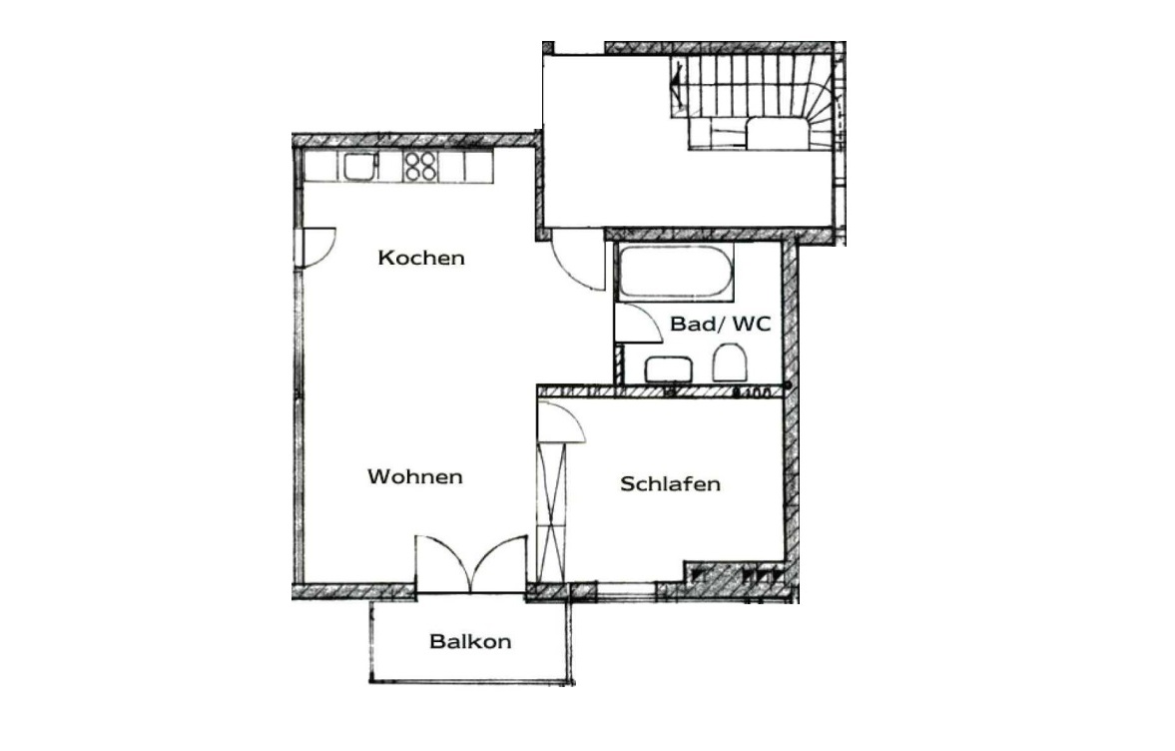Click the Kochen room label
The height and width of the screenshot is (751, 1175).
421,258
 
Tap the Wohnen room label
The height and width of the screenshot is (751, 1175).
415,476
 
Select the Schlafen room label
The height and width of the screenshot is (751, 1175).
671,484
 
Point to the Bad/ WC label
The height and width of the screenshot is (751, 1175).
720,324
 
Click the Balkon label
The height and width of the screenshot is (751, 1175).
470,641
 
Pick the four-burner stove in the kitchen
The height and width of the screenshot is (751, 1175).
420,167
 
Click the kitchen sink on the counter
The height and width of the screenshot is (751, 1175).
359,167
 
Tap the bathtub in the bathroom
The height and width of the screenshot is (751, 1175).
675,272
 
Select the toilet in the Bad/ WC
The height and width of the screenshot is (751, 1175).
730,363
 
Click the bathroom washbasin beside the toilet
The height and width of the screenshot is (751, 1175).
669,369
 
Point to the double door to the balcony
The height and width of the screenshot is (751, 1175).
471,563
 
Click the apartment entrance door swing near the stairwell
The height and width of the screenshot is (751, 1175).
578,260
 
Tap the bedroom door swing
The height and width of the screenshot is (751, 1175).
562,422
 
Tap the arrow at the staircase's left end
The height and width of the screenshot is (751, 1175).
678,84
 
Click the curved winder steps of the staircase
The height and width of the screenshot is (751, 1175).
822,105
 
